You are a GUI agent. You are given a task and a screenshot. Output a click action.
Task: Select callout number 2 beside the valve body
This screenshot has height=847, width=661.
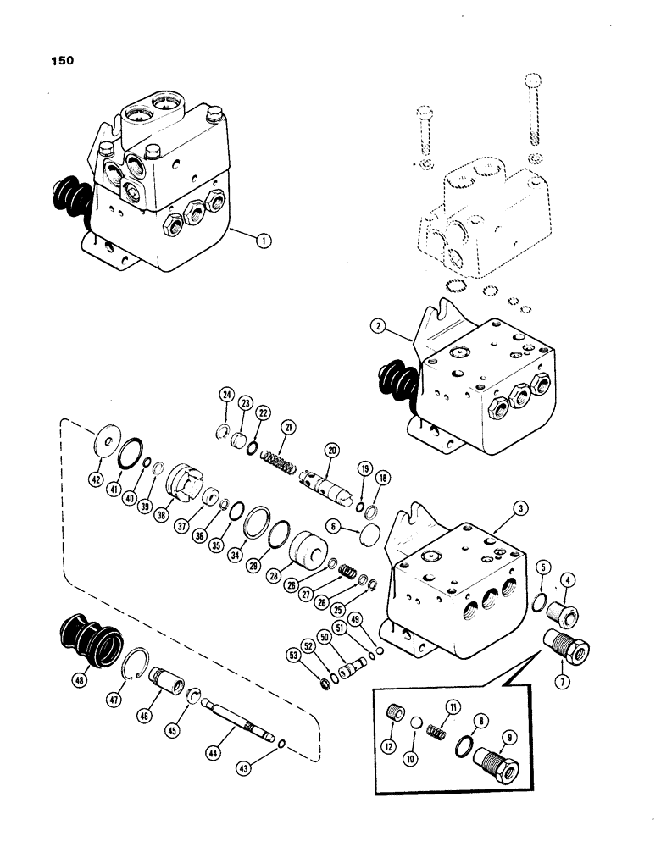click(377, 326)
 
